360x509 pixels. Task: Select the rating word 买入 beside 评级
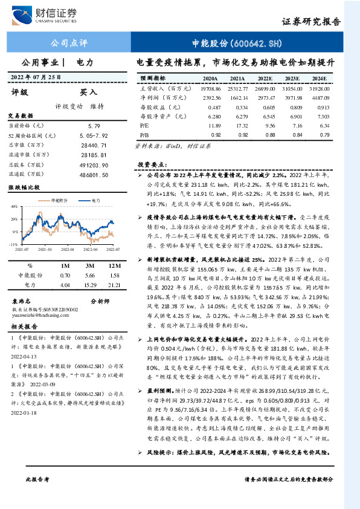coord(89,92)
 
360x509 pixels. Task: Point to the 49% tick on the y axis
coord(14,207)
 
